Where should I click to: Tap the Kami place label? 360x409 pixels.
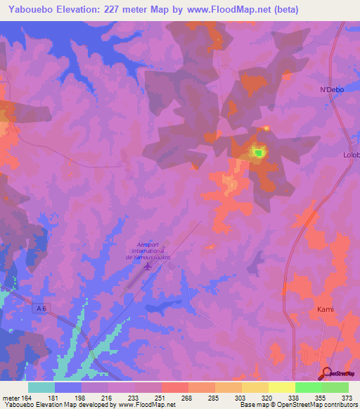point(325,310)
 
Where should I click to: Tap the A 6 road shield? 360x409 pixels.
point(41,308)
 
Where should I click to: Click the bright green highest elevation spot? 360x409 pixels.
point(259,152)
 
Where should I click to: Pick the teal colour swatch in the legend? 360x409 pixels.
point(41,387)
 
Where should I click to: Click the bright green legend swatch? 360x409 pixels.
point(309,387)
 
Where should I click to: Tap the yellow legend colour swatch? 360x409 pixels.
point(282,387)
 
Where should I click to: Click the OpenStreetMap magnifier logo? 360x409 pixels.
point(326,373)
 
